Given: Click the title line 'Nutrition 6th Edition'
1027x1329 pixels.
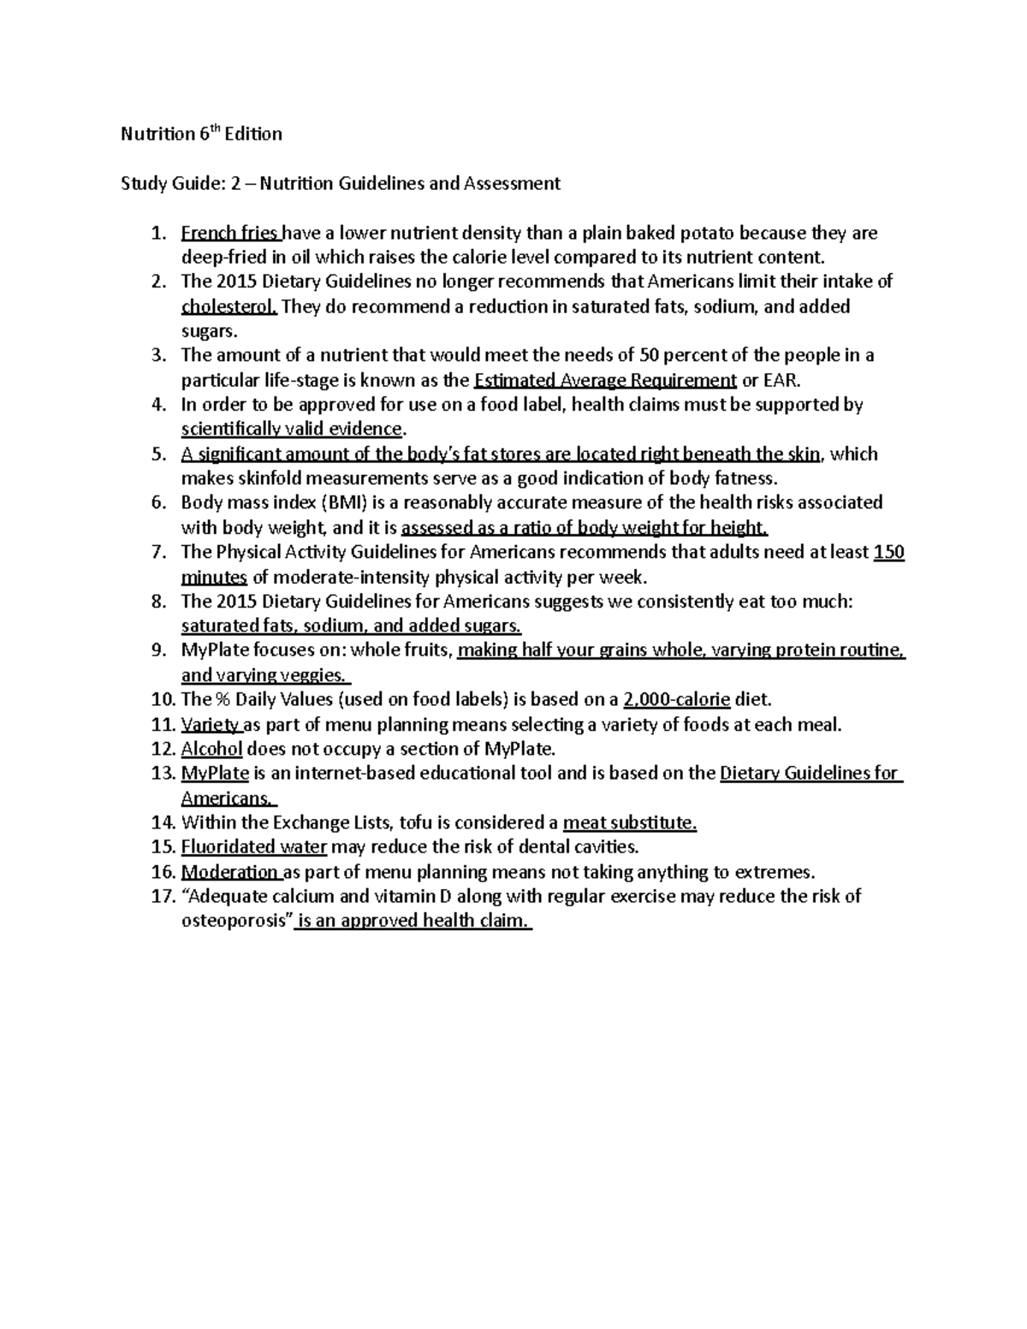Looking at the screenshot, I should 200,134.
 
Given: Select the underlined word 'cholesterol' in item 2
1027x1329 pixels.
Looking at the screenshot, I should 229,306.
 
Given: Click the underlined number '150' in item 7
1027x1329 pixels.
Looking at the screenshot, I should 889,552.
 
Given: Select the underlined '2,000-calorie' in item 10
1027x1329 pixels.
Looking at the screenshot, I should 677,700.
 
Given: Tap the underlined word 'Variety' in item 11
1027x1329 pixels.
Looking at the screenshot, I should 211,725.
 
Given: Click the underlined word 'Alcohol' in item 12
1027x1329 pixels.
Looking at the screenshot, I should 211,749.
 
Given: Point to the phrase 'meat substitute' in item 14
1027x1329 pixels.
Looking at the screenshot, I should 629,823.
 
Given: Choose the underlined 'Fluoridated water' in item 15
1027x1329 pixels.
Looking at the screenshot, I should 254,847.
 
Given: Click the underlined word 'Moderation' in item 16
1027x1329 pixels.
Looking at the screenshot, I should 230,872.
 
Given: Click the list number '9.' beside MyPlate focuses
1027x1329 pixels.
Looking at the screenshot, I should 158,650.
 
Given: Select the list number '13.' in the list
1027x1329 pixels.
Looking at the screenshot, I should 162,774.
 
